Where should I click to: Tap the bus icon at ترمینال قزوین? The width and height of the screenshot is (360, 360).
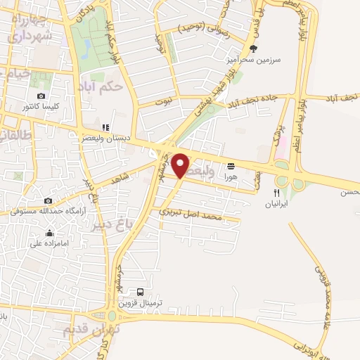(x=140, y=292)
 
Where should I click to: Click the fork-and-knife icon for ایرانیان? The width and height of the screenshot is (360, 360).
(x=276, y=192)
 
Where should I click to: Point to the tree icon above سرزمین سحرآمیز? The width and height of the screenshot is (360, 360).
(x=254, y=49)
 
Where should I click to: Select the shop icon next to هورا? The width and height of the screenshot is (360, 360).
(x=231, y=166)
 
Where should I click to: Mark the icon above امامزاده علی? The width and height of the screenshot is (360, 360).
(x=49, y=233)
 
